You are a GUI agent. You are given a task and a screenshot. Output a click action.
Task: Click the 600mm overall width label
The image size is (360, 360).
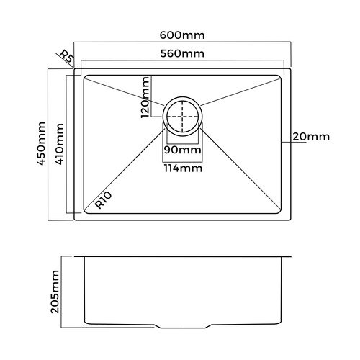182,35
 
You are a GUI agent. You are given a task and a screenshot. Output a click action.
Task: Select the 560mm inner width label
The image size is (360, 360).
182,53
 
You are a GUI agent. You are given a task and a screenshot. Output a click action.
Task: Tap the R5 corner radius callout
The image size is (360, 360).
66,57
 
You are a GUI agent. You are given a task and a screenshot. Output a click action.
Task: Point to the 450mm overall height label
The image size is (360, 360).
41,143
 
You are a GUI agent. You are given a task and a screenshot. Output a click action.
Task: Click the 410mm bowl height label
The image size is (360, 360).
60,144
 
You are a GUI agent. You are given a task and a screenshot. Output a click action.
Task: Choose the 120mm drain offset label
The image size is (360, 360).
145,97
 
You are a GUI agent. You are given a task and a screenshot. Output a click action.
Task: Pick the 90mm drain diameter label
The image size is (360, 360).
183,150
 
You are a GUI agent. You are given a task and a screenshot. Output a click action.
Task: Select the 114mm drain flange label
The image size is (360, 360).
183,168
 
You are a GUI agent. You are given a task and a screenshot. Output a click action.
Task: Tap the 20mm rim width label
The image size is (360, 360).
311,137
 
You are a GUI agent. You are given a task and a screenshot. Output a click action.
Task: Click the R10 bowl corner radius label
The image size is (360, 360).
104,200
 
